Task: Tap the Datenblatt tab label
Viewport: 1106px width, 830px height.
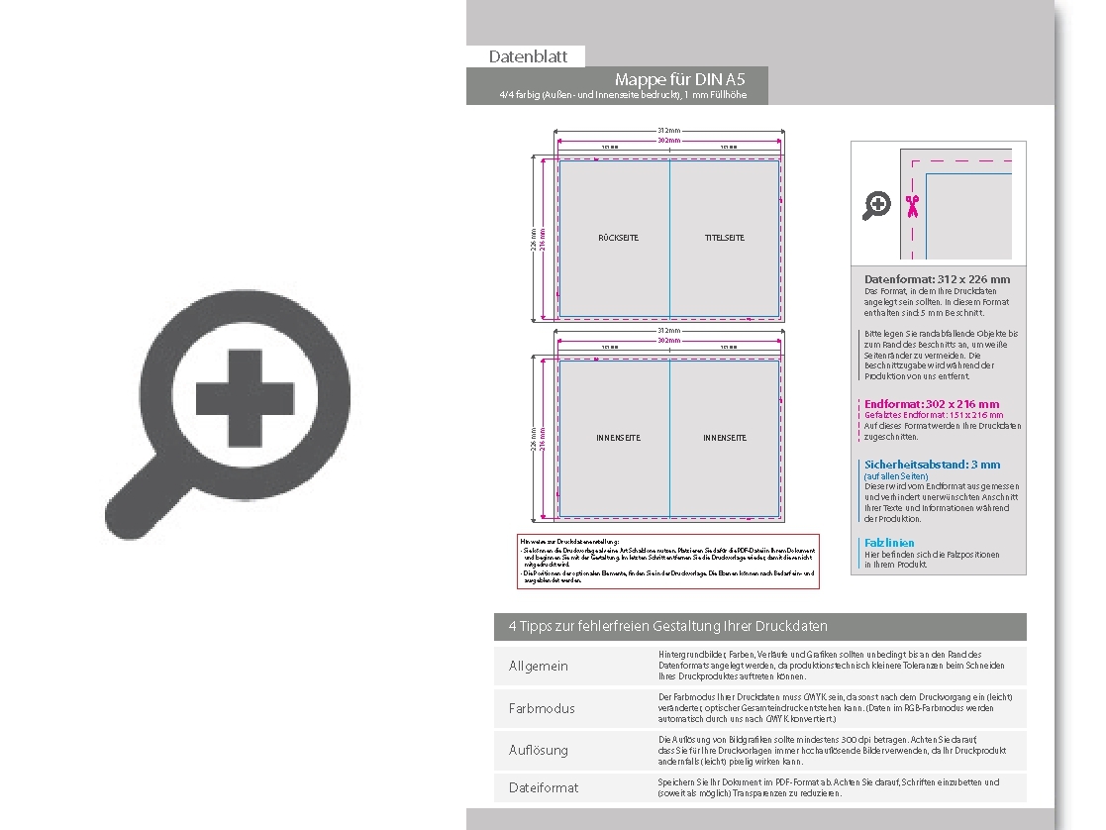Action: coord(528,57)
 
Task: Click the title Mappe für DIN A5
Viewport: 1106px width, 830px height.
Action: coord(679,79)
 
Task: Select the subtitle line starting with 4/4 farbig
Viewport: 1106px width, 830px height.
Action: coord(623,95)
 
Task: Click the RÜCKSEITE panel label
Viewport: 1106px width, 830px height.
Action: coord(618,238)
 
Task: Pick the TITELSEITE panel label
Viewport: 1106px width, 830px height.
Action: coord(724,238)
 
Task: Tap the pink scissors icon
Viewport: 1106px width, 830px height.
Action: coord(912,206)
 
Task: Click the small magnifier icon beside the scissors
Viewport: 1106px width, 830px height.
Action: coord(876,206)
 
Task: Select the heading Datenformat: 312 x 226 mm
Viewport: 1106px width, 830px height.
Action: coord(937,279)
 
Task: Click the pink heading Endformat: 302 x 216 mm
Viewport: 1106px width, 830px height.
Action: coord(932,404)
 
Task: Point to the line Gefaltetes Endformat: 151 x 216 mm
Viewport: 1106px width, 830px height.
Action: coord(933,415)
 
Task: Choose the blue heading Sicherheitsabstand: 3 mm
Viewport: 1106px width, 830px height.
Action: coord(932,465)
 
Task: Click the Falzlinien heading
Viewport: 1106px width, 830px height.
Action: coord(889,543)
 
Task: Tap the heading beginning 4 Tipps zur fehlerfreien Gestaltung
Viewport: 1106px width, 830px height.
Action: coord(667,626)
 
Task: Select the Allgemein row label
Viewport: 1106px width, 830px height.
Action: coord(538,666)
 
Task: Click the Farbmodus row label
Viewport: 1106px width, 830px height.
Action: coord(541,708)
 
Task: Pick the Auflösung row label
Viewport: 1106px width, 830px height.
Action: coord(538,750)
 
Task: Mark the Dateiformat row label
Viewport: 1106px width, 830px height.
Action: coord(543,787)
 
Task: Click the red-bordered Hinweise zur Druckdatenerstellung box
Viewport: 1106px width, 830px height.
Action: coord(667,562)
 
